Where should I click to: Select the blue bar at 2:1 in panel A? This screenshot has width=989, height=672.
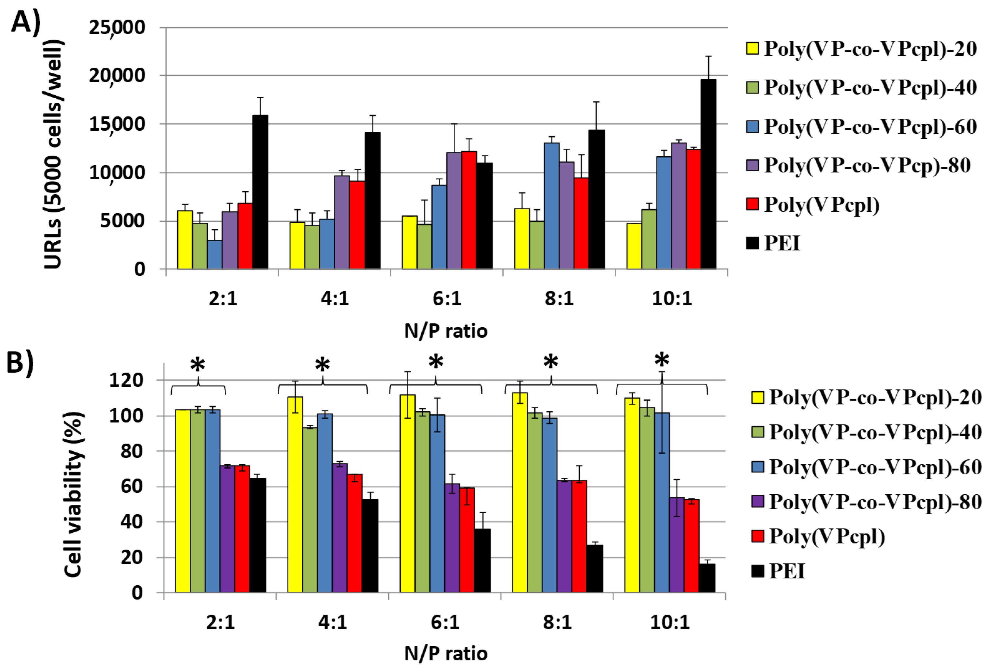[x=215, y=254]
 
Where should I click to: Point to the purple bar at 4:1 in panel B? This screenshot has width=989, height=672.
[x=339, y=527]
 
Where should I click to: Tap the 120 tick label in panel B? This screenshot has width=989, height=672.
[x=126, y=380]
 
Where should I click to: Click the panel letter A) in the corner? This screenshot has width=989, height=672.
[x=25, y=21]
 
